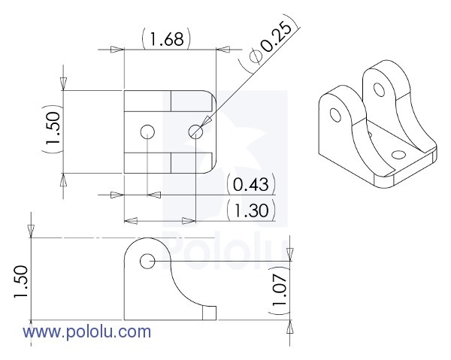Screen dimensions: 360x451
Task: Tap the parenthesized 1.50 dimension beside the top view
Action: [53, 132]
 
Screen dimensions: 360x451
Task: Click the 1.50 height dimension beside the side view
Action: [20, 282]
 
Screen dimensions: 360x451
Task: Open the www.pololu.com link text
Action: [86, 331]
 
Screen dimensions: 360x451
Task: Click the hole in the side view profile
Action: [147, 261]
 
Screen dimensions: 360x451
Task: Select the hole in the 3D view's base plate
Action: [398, 155]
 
